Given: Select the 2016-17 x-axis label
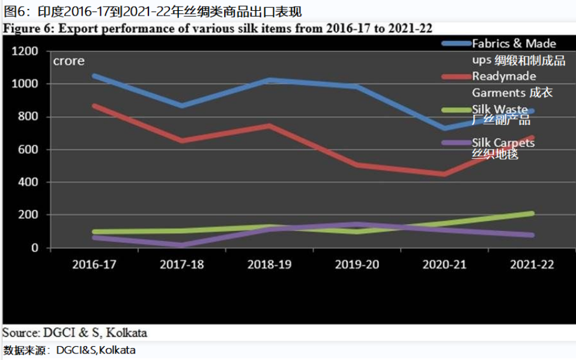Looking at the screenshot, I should click(x=94, y=265).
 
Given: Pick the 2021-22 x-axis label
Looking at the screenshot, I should click(x=532, y=265).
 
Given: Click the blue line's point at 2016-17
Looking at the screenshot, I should click(x=95, y=76).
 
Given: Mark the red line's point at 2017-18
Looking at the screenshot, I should click(x=182, y=141).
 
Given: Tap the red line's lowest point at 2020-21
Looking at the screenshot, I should click(x=444, y=174).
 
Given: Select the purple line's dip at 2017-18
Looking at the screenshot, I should click(x=182, y=245).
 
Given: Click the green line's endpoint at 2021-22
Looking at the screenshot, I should click(x=532, y=213).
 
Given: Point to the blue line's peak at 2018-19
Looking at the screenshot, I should click(x=270, y=80).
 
